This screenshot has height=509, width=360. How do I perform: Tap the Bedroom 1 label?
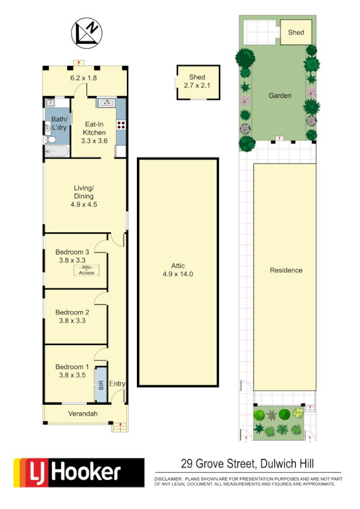72,367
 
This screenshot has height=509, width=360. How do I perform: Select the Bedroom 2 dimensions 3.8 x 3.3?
73,320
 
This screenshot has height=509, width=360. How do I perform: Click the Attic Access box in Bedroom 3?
86,270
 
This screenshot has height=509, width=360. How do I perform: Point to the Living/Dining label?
84,192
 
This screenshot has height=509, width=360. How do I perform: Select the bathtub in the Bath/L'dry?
55,151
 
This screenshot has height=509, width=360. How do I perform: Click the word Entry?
117,384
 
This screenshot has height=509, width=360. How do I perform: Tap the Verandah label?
83,413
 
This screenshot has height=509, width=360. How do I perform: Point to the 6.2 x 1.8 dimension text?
84,78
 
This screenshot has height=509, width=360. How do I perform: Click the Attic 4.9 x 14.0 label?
178,271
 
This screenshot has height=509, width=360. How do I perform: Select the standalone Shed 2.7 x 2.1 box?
197,81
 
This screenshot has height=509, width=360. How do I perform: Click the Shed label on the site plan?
296,32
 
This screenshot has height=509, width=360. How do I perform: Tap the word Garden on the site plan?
279,96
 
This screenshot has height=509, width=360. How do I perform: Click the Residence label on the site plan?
285,271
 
